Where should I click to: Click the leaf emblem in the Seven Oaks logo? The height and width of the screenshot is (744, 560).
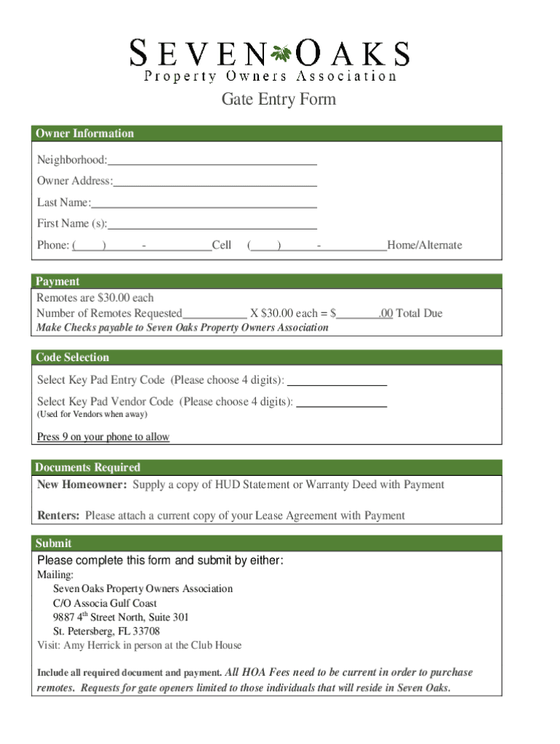click(281, 53)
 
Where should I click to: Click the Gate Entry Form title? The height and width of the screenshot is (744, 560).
click(279, 99)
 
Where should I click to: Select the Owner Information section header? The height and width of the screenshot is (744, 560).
click(86, 133)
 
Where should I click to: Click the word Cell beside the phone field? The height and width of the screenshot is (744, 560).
click(222, 246)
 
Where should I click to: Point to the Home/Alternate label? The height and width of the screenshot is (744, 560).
click(425, 246)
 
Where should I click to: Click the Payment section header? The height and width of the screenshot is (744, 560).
click(58, 281)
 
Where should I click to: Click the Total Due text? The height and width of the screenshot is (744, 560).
click(419, 313)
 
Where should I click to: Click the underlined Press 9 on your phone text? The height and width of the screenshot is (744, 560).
click(103, 437)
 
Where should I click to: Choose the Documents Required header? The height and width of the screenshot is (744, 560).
click(88, 467)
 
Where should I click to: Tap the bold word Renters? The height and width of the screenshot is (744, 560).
click(58, 515)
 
